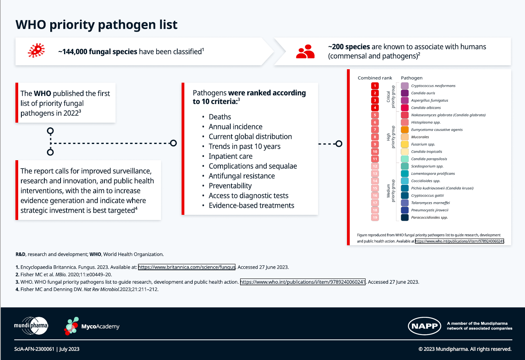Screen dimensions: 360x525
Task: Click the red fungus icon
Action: [x=36, y=51]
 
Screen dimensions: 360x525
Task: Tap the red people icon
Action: [x=305, y=51]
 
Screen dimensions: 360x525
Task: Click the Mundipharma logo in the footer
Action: [x=31, y=326]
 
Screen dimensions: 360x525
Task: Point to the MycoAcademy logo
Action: [x=92, y=326]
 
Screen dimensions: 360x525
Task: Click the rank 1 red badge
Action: [x=375, y=86]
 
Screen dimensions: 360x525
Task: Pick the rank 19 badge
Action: [x=375, y=218]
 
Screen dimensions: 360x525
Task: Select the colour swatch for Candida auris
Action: [x=404, y=93]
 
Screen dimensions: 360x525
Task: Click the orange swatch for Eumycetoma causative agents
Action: [x=404, y=130]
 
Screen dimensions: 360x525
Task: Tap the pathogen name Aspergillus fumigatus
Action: [x=429, y=100]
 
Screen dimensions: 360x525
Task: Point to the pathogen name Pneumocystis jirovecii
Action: [x=430, y=210]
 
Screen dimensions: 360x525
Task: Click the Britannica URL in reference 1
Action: [x=187, y=267]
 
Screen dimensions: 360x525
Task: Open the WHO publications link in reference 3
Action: [x=303, y=282]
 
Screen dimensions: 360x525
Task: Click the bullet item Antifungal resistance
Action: [x=241, y=176]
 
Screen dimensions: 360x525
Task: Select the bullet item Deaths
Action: [x=220, y=117]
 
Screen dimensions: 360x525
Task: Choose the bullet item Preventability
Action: [x=230, y=186]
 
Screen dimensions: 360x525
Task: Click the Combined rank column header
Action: [x=375, y=78]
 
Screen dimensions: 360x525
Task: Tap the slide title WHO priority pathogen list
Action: [x=97, y=25]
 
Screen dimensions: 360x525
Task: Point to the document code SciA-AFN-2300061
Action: [x=34, y=349]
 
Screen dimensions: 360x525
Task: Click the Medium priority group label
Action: [x=390, y=191]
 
